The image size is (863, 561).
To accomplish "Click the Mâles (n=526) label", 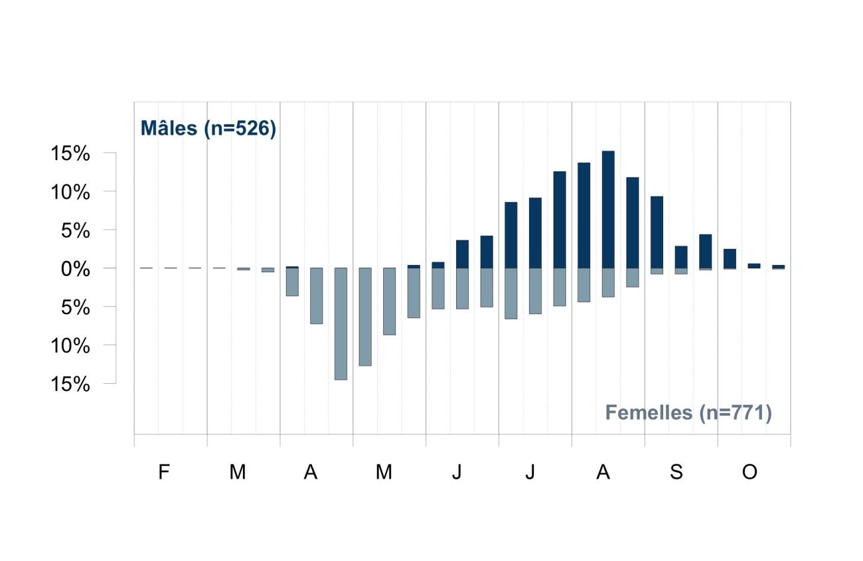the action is (208, 128).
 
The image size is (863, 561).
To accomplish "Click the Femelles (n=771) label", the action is (688, 413).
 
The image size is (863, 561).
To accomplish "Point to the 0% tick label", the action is (76, 269).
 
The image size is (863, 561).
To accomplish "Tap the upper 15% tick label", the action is (70, 153).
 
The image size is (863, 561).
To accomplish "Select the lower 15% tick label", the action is (70, 384).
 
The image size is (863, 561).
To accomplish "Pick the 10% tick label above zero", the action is (70, 192).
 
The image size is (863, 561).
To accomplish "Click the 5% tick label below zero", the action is (76, 307).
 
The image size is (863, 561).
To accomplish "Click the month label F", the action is (164, 472).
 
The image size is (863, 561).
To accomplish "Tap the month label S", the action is (676, 472).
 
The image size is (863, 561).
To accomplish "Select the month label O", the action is (749, 472).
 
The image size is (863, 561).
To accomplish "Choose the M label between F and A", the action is (238, 472).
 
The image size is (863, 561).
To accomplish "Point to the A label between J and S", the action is (603, 472).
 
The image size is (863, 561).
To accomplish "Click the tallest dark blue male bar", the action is (608, 210).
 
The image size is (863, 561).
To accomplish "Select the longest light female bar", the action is (341, 324).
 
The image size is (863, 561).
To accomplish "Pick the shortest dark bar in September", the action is (681, 257).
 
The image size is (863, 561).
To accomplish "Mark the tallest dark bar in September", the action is (657, 232).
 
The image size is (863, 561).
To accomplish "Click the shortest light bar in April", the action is (292, 281).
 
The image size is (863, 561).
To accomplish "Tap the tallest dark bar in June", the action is (487, 252).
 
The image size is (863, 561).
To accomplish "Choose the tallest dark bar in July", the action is (560, 220).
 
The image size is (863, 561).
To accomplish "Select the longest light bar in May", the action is (365, 317).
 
